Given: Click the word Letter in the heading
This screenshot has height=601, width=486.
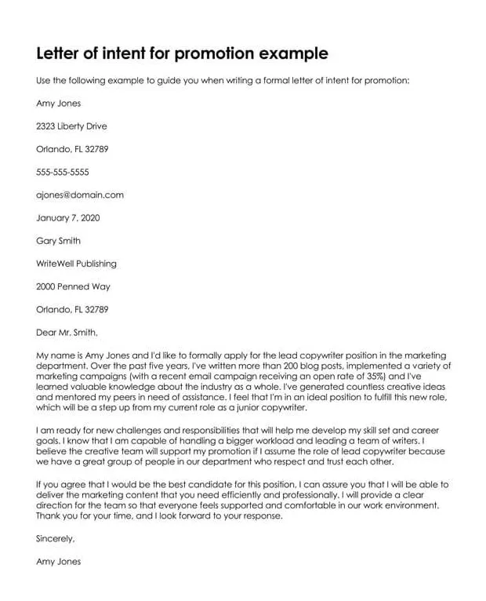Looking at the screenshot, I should click(60, 54).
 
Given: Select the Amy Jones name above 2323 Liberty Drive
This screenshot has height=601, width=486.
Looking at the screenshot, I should click(58, 103).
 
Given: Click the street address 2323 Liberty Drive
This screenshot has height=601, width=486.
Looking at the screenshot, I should click(71, 126).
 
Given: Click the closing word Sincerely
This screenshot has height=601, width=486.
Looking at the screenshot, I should click(56, 538).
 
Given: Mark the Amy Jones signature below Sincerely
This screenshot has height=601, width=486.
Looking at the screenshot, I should click(58, 561).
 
